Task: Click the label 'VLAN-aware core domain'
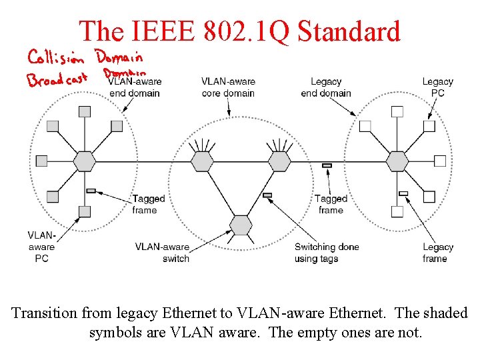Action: point(228,87)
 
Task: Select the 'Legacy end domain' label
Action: point(326,87)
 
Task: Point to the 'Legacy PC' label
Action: point(437,87)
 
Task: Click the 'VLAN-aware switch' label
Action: point(163,253)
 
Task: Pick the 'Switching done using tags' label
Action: point(327,253)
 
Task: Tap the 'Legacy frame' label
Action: point(438,253)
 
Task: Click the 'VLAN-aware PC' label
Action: point(41,247)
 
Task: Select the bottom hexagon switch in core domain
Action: point(241,224)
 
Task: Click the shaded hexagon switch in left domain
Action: point(85,161)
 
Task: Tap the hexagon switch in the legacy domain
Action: point(397,161)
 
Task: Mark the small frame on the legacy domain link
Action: point(403,193)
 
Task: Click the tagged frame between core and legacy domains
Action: point(327,165)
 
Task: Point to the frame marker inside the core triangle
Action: point(267,195)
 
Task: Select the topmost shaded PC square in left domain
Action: point(85,111)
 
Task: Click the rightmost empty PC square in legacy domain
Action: point(440,161)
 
